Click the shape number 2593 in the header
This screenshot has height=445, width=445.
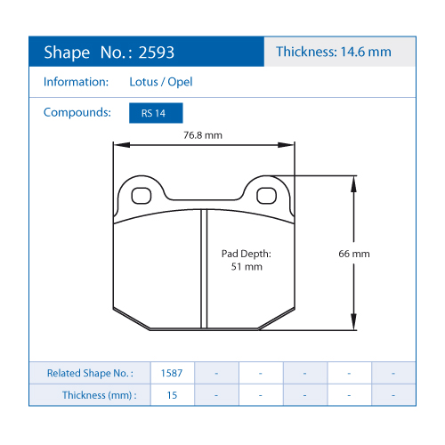(x=157, y=53)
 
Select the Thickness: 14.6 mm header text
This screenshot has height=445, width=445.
(x=334, y=52)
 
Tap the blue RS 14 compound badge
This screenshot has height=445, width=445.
(x=156, y=113)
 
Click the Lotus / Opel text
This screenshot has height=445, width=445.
(x=161, y=82)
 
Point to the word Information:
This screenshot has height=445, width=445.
(x=77, y=82)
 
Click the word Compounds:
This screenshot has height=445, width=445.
(x=77, y=113)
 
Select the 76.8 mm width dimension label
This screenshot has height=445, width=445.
(x=203, y=135)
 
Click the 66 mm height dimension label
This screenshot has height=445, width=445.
(x=354, y=254)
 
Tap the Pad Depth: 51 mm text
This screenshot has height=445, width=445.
(x=247, y=260)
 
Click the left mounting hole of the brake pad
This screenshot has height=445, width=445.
(x=142, y=196)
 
